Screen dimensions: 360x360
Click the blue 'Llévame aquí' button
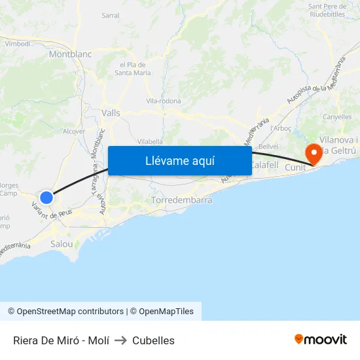point(180,160)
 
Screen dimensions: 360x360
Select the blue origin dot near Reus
point(46,197)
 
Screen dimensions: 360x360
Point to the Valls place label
point(111,113)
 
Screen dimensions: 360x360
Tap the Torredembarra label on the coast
point(181,200)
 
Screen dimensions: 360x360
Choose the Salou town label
point(62,243)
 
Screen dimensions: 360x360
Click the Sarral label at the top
point(111,14)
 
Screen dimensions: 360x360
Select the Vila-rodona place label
point(164,101)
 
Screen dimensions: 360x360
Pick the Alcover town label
point(73,131)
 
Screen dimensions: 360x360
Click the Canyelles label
point(337,117)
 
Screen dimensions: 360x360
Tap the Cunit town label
point(295,168)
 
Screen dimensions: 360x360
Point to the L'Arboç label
point(280,128)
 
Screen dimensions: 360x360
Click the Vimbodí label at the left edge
point(17,43)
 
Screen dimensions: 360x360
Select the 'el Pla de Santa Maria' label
point(132,69)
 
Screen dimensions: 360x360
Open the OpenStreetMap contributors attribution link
point(65,312)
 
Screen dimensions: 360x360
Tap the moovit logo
point(321,339)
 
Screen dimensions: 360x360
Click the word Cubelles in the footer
point(153,340)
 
